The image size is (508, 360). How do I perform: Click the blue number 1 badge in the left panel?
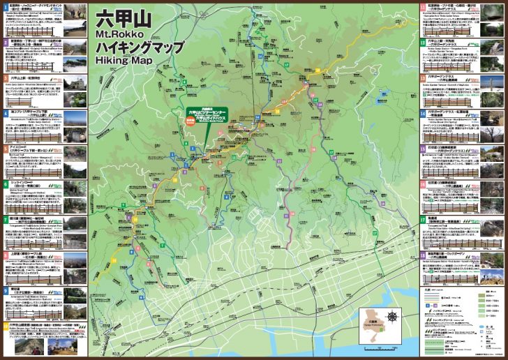(5, 5)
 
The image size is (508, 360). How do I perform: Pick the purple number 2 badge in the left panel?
(5, 41)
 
